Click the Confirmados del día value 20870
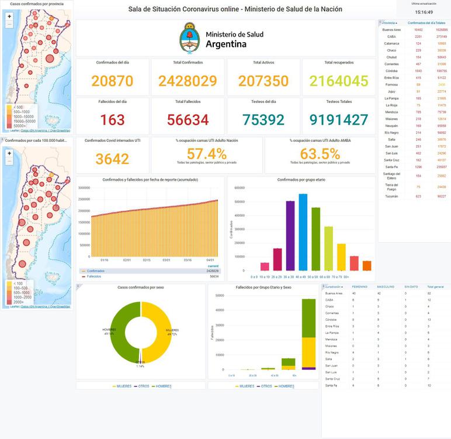[112, 81]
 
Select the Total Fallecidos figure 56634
[188, 119]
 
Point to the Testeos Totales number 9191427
[339, 119]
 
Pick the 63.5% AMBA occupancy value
[320, 153]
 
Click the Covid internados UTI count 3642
[112, 159]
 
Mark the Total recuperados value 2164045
[339, 81]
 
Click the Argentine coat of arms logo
[189, 38]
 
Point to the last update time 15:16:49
[424, 12]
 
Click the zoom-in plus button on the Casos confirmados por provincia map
[9, 16]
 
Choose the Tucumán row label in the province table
[391, 196]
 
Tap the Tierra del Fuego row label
[391, 187]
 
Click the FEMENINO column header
[359, 287]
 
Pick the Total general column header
[436, 287]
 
